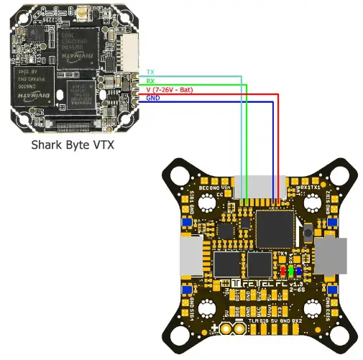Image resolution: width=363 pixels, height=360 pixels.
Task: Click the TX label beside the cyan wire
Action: (150, 72)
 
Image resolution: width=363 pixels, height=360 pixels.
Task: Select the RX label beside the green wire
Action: (150, 80)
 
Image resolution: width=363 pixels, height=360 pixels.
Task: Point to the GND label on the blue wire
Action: (152, 98)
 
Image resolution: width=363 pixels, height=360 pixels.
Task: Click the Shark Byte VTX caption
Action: (73, 145)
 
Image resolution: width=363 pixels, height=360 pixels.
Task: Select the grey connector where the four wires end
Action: (259, 185)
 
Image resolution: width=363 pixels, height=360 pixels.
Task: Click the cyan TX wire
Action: (242, 129)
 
